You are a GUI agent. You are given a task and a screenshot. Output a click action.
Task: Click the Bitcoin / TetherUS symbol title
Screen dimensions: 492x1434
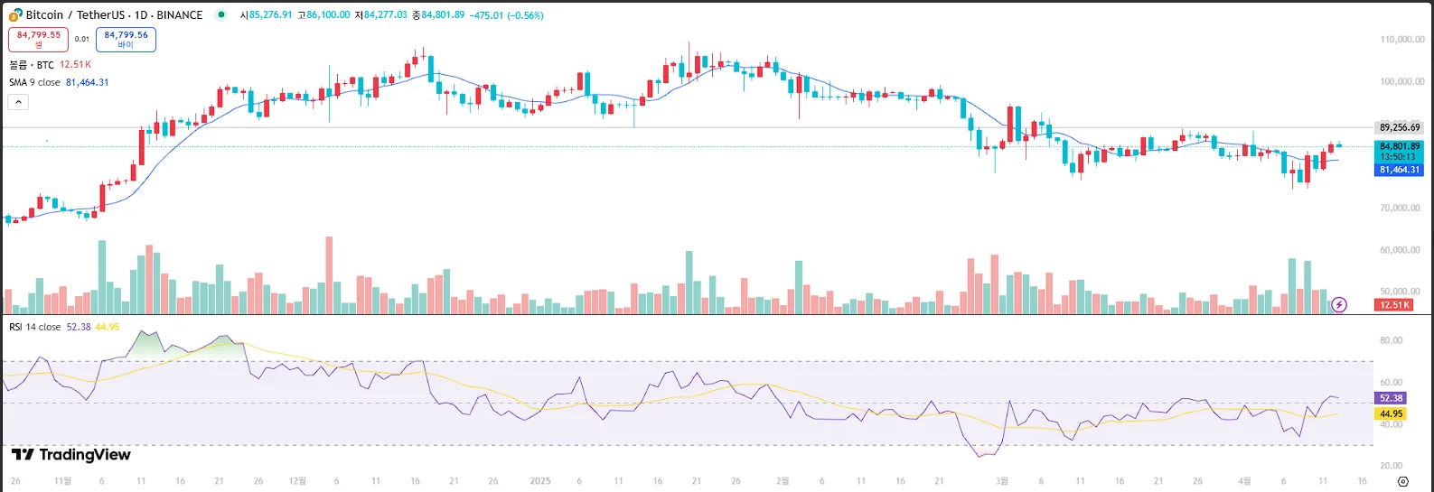click(114, 15)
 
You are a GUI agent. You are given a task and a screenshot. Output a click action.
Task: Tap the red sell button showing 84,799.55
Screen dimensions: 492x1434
click(38, 39)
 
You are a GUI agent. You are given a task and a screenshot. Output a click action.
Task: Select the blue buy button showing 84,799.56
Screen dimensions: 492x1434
click(126, 39)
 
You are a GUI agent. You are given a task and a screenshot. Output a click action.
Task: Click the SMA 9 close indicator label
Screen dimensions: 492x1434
click(34, 82)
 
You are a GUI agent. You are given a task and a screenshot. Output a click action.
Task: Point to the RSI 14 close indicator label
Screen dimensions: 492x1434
click(35, 327)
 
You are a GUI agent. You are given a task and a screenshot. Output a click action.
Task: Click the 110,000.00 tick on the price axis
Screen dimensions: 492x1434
click(1401, 40)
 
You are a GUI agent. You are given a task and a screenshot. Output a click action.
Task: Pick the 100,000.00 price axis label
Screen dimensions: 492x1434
click(1401, 81)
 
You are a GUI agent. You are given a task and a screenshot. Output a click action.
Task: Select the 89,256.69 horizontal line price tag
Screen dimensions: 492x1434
click(1399, 127)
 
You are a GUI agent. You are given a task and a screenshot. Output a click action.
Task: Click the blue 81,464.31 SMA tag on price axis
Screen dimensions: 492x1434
click(1399, 170)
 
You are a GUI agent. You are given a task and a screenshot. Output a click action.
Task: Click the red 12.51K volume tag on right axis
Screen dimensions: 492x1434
click(1393, 305)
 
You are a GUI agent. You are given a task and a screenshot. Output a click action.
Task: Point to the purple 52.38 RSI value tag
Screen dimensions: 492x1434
click(1391, 398)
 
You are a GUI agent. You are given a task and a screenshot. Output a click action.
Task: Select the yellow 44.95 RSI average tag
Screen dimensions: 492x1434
click(1391, 414)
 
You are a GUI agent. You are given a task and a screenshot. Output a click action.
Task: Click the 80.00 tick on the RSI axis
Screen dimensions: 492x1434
click(1391, 340)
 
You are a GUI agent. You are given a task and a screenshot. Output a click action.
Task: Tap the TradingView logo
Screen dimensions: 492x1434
click(71, 455)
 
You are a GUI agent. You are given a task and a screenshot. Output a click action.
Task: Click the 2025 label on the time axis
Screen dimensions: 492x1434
click(539, 481)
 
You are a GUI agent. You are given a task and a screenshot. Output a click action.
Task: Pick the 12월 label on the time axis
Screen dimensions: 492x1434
click(297, 481)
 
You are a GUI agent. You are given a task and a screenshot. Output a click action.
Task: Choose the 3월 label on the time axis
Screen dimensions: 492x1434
click(1001, 481)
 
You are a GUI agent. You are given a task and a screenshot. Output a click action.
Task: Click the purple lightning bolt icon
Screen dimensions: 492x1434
click(1339, 305)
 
